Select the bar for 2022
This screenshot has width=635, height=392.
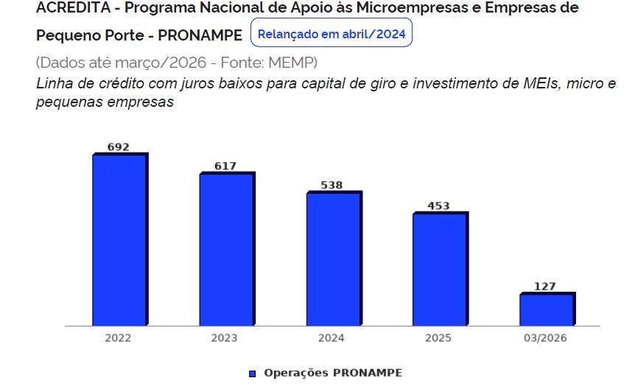click(x=120, y=239)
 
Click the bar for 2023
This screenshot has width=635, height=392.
click(x=227, y=248)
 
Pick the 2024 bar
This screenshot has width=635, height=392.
click(x=334, y=259)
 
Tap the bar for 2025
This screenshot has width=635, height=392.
click(x=441, y=268)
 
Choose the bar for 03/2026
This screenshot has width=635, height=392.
click(x=547, y=309)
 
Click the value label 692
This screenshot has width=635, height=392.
click(x=119, y=147)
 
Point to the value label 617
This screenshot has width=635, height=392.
click(x=225, y=166)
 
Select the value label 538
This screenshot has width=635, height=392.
click(x=331, y=185)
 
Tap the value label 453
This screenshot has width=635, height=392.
click(x=438, y=206)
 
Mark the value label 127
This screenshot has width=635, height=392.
click(x=545, y=287)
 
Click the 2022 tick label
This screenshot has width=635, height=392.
click(x=118, y=337)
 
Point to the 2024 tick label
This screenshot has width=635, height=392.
click(x=331, y=337)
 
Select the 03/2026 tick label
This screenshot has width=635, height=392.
click(x=545, y=337)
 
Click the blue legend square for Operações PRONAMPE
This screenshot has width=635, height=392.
click(x=252, y=374)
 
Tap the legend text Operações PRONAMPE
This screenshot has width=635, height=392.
click(x=333, y=373)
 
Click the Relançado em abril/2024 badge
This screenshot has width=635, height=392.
click(x=331, y=32)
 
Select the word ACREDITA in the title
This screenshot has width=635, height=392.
click(x=74, y=7)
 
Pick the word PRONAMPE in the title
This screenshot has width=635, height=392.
click(x=200, y=35)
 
